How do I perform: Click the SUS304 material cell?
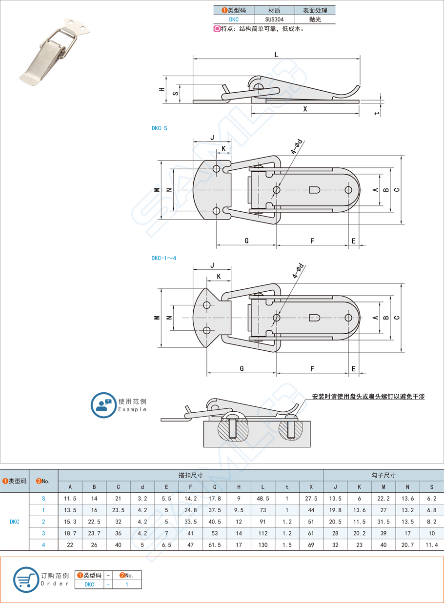(x=274, y=20)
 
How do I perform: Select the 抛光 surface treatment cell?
(x=315, y=20)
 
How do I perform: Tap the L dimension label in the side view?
(x=276, y=55)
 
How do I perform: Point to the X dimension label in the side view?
(x=305, y=109)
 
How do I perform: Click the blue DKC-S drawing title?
(x=159, y=128)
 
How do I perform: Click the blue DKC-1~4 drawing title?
(x=163, y=258)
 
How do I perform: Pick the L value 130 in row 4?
(x=262, y=544)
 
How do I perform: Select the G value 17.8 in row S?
(x=215, y=499)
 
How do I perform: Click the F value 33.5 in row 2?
(x=191, y=522)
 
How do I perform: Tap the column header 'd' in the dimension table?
(x=142, y=486)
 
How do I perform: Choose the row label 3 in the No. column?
(x=43, y=533)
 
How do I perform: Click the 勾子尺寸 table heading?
(x=383, y=475)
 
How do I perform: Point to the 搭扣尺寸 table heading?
(x=190, y=475)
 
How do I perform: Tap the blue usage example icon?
(x=103, y=404)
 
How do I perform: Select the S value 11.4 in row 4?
(x=431, y=544)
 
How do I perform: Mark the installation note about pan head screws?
(x=368, y=397)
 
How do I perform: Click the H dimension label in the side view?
(x=161, y=90)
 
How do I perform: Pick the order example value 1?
(x=127, y=584)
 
